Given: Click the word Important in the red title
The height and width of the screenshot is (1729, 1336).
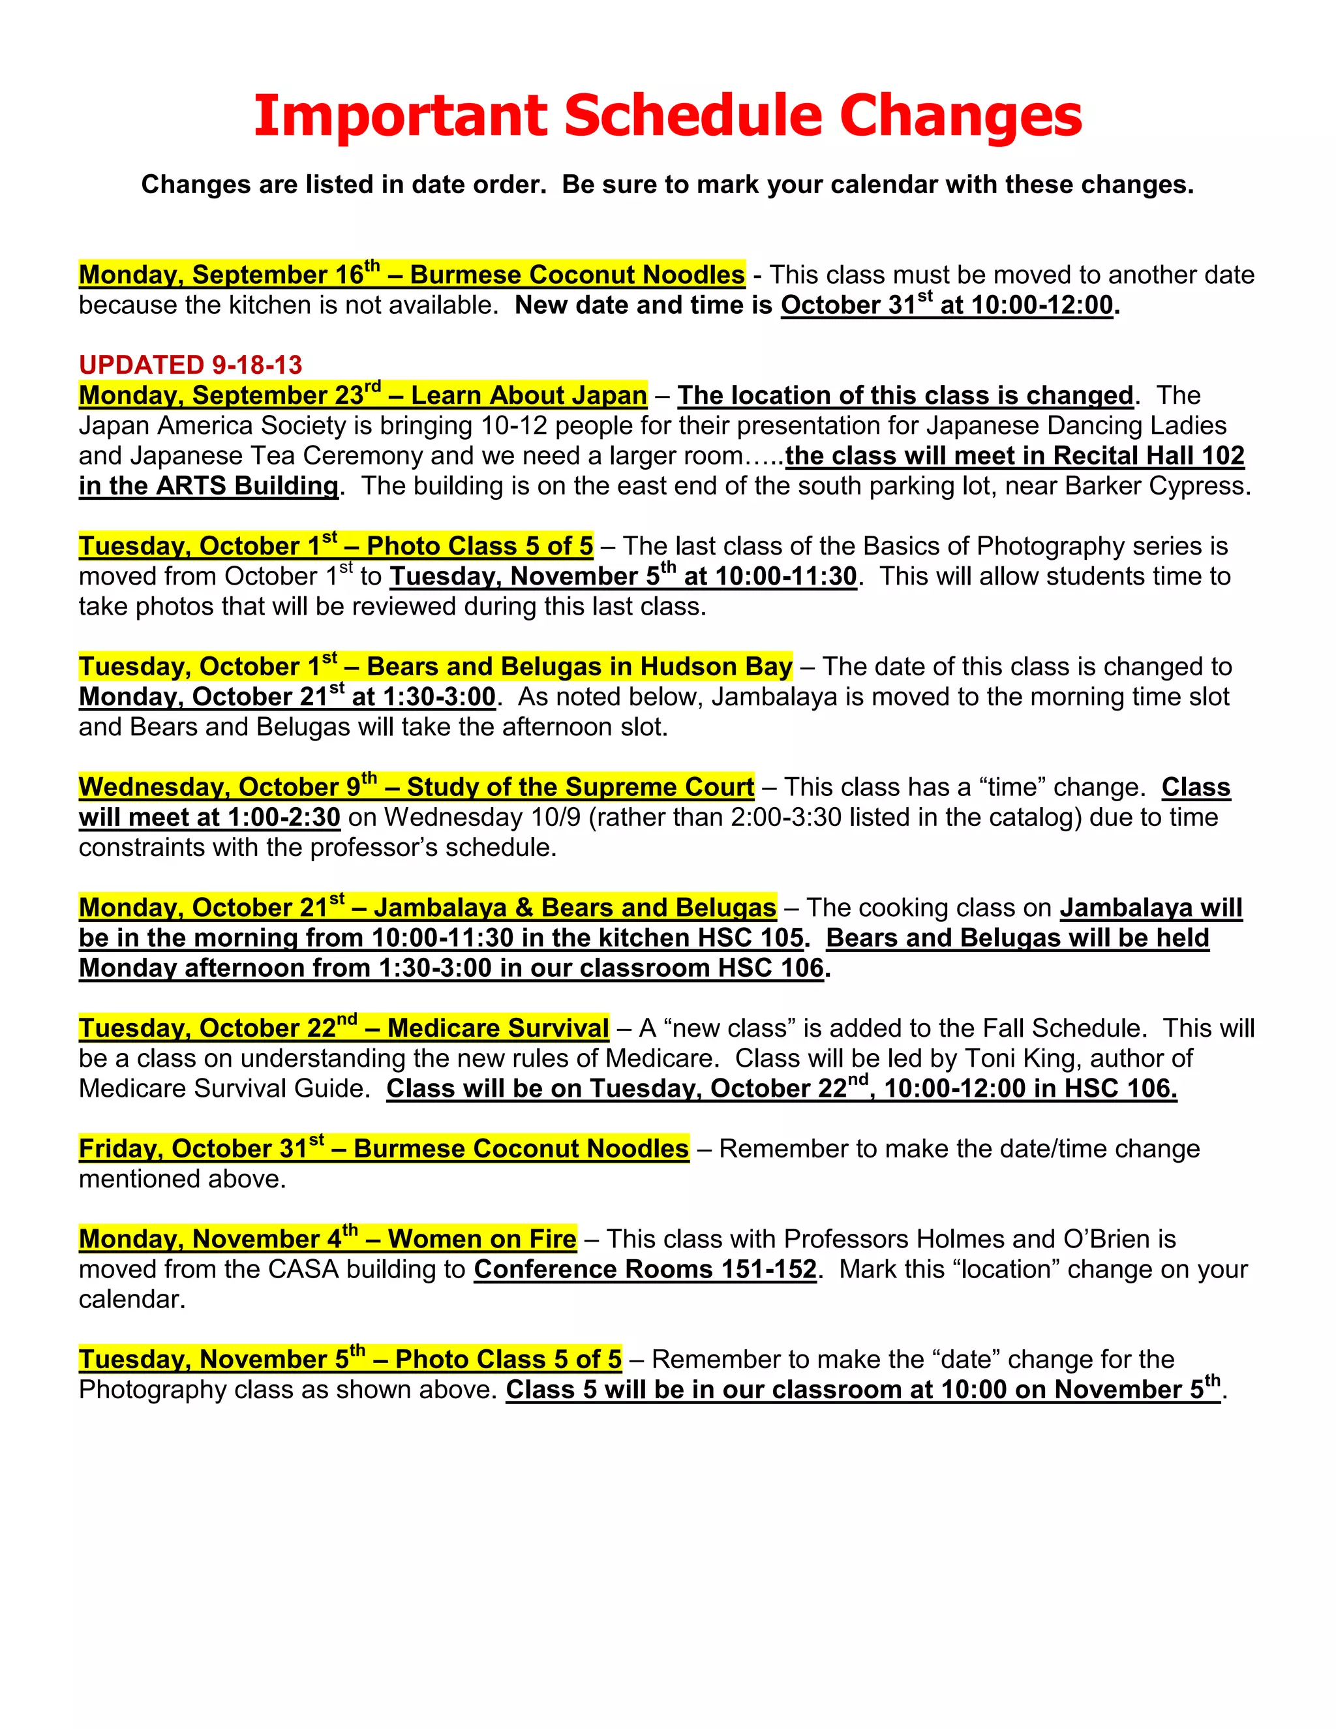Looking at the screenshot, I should coord(400,116).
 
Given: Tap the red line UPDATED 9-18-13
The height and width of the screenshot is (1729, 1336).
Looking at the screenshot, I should coord(190,365).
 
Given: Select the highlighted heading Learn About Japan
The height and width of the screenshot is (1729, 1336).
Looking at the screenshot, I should coord(528,395).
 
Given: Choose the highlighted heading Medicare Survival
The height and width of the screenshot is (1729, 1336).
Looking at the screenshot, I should coord(498,1028).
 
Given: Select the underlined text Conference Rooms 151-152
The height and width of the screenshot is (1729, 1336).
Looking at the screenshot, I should coord(645,1269).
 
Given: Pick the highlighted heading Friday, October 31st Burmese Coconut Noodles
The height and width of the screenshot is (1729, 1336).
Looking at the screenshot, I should coord(384,1149).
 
